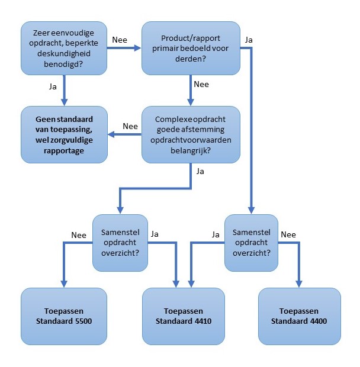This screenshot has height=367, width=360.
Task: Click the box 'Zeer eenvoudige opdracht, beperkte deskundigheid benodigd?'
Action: point(65,48)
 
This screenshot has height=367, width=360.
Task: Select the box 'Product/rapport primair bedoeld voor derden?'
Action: point(191,48)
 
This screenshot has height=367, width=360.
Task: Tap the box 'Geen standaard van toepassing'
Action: point(65,134)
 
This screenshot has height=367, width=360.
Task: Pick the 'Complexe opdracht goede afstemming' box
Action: point(191,134)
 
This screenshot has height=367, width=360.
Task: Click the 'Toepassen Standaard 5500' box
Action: point(65,316)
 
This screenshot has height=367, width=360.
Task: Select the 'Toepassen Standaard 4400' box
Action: point(299,316)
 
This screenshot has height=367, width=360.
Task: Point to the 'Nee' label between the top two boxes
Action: point(119,40)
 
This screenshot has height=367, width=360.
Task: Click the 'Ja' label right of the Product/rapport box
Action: point(249,40)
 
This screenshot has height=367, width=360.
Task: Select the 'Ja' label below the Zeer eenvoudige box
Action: point(52,86)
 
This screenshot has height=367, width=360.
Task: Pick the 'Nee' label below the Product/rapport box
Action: point(201,84)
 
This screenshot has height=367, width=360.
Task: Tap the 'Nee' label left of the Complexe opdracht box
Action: point(130,126)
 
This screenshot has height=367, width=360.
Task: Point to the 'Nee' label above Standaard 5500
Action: point(79,234)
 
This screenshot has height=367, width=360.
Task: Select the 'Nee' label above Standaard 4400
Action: point(288,234)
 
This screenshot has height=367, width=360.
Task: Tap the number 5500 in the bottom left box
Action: point(79,321)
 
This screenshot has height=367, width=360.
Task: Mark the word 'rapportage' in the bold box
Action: point(65,151)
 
